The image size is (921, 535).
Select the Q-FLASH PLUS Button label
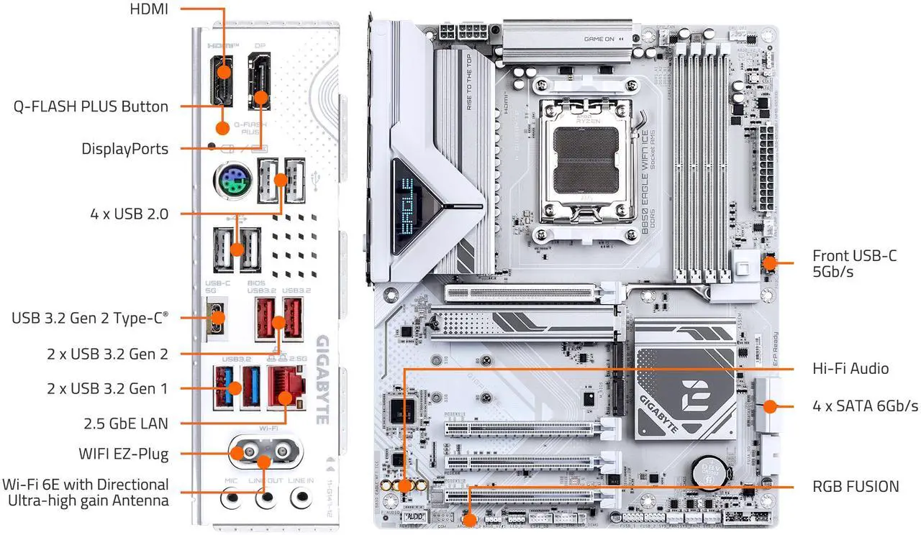(x=91, y=106)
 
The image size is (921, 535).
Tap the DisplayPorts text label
(x=125, y=149)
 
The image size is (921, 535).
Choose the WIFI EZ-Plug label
(x=123, y=454)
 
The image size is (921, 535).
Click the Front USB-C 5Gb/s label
(x=854, y=264)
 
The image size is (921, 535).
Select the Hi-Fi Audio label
(x=850, y=369)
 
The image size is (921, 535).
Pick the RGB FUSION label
(x=856, y=487)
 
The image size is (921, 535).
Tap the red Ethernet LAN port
(x=285, y=386)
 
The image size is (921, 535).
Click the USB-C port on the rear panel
(x=217, y=317)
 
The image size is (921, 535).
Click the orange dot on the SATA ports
(x=769, y=406)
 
